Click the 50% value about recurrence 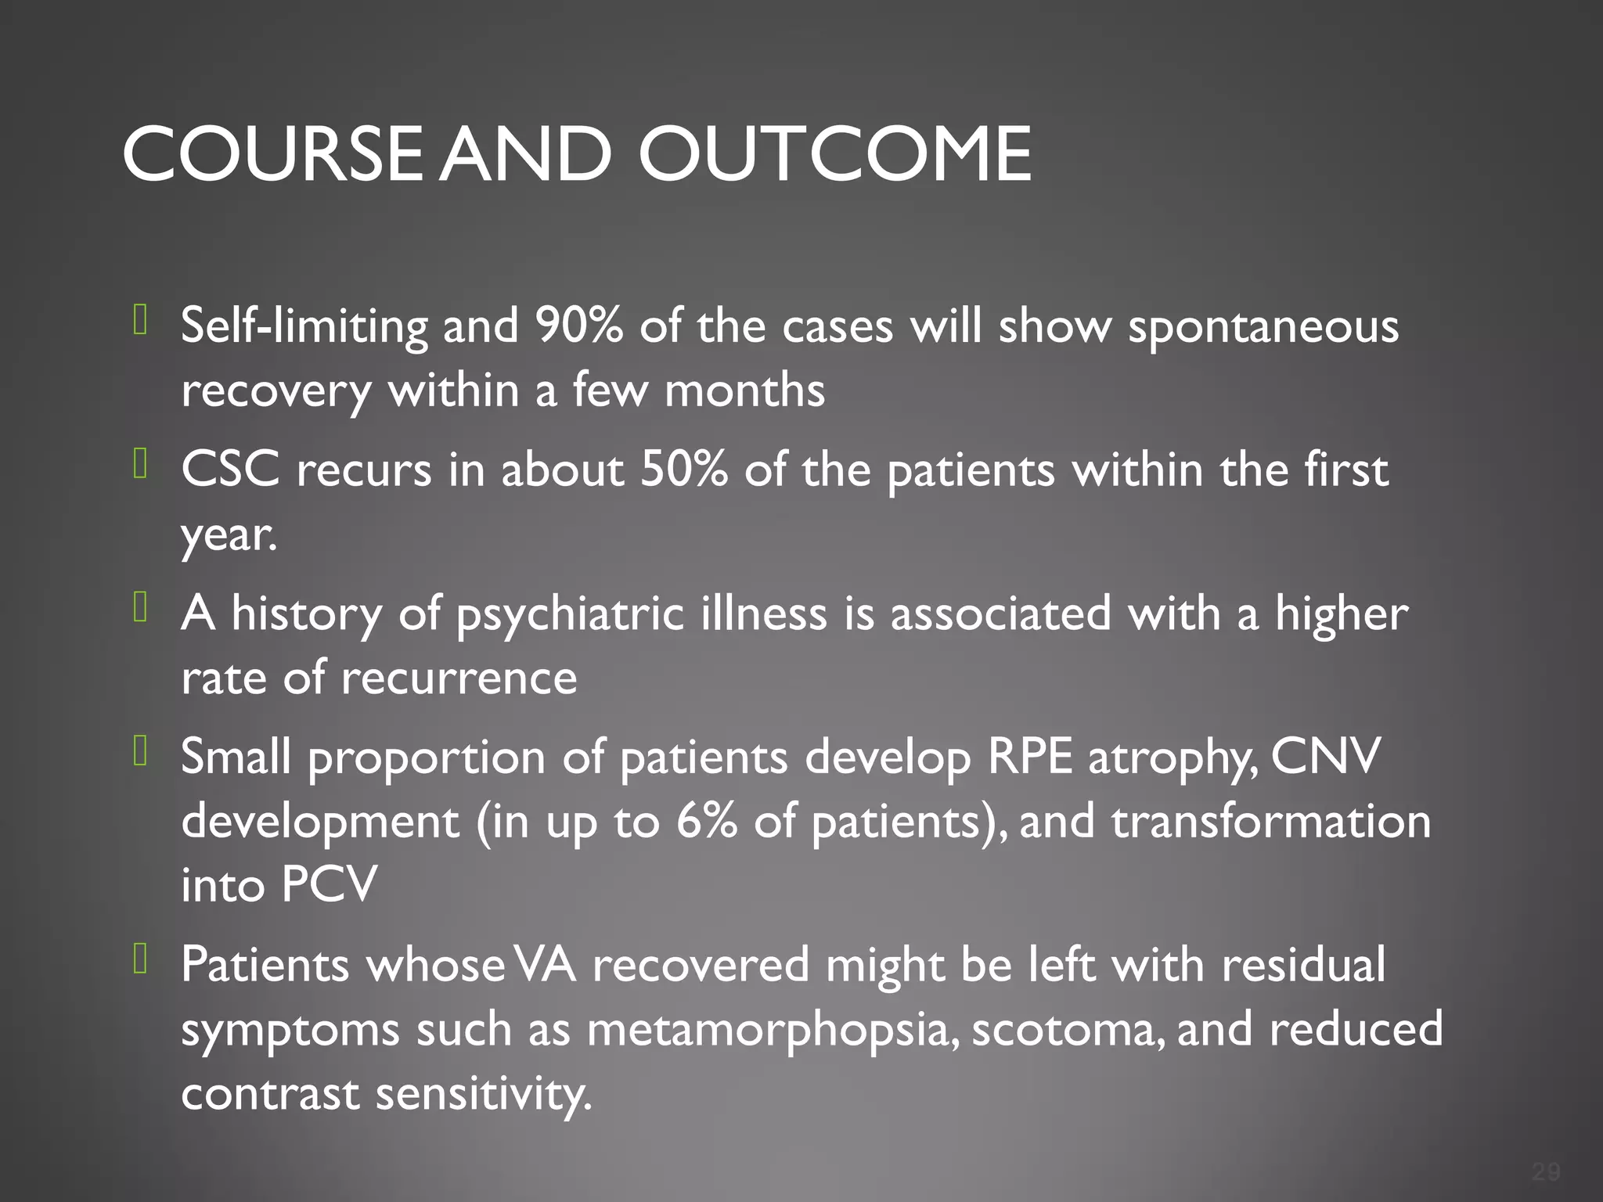pyautogui.click(x=683, y=470)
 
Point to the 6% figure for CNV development pyautogui.click(x=706, y=822)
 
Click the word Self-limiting pyautogui.click(x=304, y=326)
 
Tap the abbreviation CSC pyautogui.click(x=230, y=470)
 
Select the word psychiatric pyautogui.click(x=570, y=614)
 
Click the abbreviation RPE pyautogui.click(x=1029, y=757)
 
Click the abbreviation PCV pyautogui.click(x=330, y=885)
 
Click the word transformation pyautogui.click(x=1271, y=822)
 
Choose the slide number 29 pyautogui.click(x=1546, y=1171)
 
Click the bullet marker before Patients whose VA pyautogui.click(x=141, y=959)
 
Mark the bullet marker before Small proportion pyautogui.click(x=141, y=752)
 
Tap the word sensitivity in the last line pyautogui.click(x=483, y=1094)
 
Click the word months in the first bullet pyautogui.click(x=744, y=390)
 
